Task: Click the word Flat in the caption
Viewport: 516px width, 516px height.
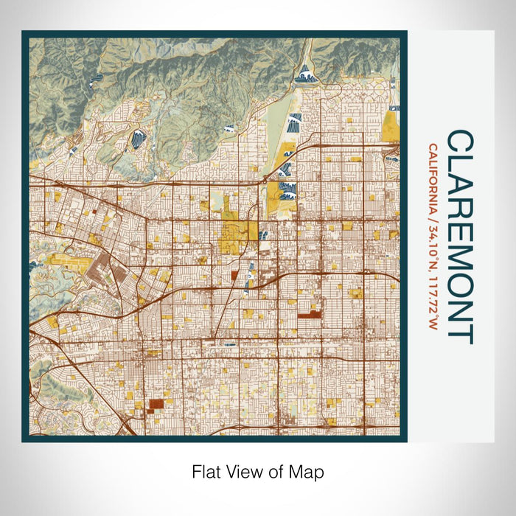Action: click(x=205, y=471)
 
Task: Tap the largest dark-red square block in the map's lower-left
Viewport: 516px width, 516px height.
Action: click(x=156, y=403)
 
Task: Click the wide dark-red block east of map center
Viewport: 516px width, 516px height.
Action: click(x=310, y=315)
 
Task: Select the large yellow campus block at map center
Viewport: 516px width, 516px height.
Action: click(x=236, y=236)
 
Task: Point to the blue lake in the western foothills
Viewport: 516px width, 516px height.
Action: click(x=137, y=138)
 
